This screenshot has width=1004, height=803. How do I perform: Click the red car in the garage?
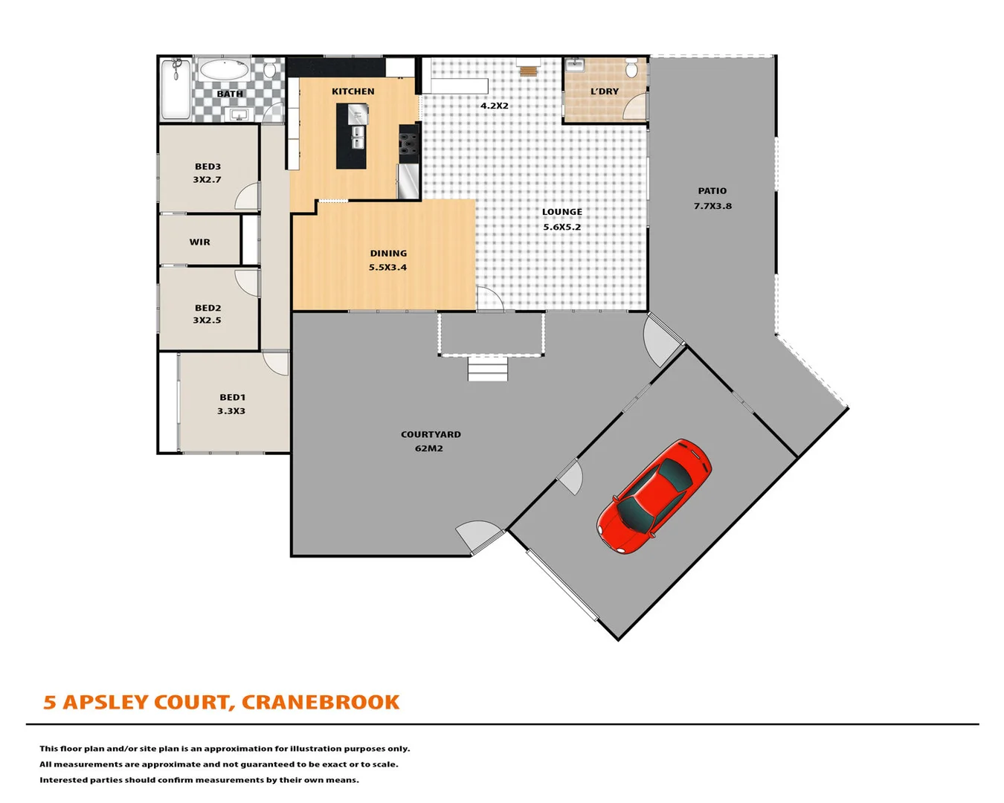tap(654, 496)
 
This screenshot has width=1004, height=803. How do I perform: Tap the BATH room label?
tap(230, 94)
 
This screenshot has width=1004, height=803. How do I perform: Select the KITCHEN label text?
tap(353, 91)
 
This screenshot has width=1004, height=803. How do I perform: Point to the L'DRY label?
tap(605, 91)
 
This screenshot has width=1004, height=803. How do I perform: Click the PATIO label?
tap(712, 191)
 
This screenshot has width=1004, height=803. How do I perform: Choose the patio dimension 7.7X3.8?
tap(712, 206)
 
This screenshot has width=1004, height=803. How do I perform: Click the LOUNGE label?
tap(562, 212)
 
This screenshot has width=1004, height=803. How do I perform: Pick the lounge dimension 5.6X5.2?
tap(562, 228)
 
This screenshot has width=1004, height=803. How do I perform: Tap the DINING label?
tap(388, 254)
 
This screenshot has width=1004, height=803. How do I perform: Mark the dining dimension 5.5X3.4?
tap(388, 268)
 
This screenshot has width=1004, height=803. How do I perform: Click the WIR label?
tap(199, 242)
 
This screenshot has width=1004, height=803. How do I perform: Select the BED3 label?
tap(207, 167)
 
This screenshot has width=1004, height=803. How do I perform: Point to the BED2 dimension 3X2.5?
tap(207, 320)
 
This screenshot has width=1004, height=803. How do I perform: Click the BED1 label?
tap(232, 398)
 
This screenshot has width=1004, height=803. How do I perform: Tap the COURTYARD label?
tap(431, 434)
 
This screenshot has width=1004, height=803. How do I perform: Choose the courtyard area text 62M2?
tap(429, 448)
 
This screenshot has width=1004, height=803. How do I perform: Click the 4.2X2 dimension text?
tap(495, 106)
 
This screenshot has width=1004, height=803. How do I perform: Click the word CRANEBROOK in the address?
tap(321, 702)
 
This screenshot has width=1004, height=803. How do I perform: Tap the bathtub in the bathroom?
tap(224, 71)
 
